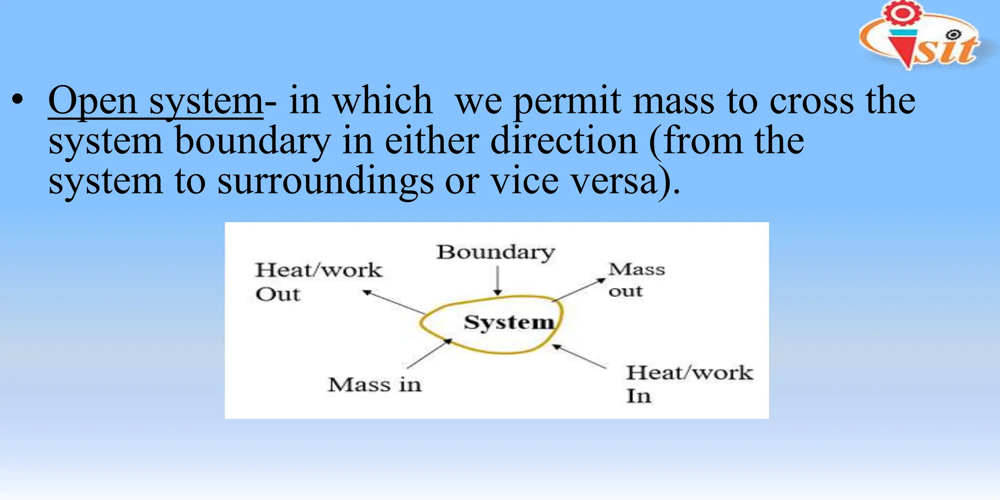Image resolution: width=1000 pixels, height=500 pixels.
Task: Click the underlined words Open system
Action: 155,102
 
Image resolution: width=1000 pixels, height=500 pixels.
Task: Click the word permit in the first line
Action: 566,102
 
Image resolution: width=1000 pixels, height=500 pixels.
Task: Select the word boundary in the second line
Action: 252,142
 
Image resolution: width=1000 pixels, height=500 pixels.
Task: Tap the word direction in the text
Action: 563,142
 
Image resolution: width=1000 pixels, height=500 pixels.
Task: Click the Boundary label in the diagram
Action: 496,252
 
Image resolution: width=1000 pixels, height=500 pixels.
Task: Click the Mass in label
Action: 375,385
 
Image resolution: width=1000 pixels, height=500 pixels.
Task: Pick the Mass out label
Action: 636,280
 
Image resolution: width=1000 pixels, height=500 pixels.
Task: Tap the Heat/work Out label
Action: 318,282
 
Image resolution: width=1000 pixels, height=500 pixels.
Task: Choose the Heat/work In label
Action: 689,384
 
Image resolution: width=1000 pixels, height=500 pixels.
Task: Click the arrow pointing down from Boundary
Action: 498,280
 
